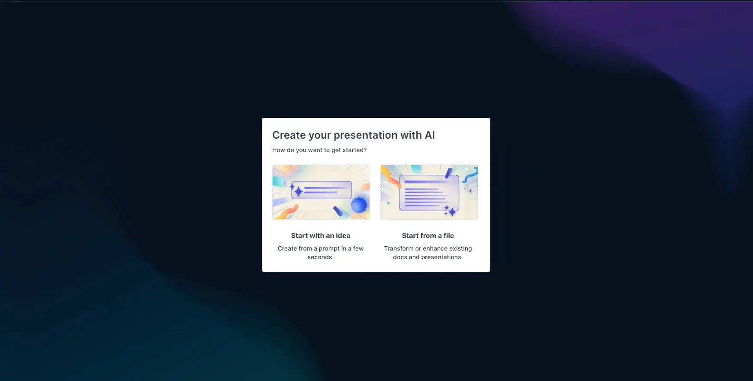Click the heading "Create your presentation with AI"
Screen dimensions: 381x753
tap(353, 135)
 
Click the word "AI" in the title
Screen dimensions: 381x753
tap(430, 135)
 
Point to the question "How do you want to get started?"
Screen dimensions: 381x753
tap(319, 150)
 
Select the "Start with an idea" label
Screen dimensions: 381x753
tap(321, 235)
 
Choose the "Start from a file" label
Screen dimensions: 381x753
tap(428, 235)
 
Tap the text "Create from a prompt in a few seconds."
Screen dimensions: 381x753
tap(321, 253)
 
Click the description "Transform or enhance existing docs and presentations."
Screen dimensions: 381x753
tap(428, 253)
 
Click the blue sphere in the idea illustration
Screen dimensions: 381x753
tap(359, 205)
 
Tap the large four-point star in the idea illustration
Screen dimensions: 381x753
tap(298, 191)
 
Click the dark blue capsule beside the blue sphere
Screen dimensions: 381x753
tap(338, 211)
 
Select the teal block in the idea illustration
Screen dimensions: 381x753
tap(277, 182)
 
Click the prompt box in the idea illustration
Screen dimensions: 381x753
tap(322, 190)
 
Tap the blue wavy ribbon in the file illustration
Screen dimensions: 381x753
tap(471, 174)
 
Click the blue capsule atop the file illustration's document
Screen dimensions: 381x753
tap(449, 173)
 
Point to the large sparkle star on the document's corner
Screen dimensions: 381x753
tap(452, 212)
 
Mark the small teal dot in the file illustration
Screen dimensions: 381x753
tap(388, 203)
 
